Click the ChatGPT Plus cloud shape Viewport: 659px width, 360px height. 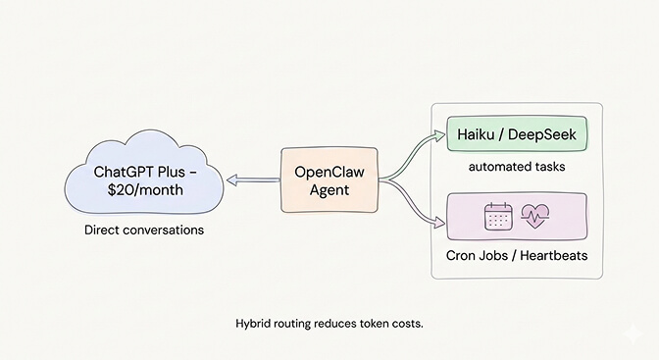coord(142,181)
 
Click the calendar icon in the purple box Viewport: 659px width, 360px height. coord(499,217)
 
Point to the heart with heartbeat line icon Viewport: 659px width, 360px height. coord(533,217)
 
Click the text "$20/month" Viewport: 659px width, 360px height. coord(141,190)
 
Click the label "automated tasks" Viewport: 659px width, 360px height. coord(516,167)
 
